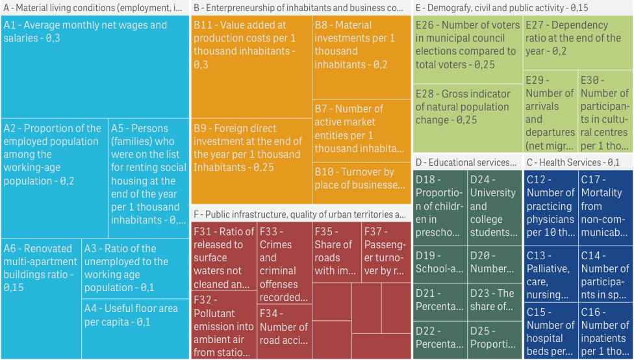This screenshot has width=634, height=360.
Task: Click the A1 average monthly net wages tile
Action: [95, 68]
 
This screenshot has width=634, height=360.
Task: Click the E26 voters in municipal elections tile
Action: [467, 52]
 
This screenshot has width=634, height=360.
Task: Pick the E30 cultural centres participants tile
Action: [605, 120]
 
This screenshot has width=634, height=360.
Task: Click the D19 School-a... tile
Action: [440, 264]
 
